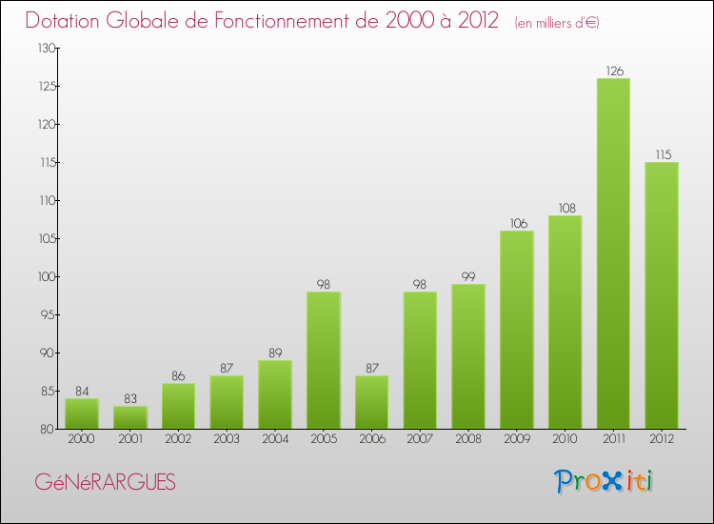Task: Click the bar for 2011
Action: coord(613,253)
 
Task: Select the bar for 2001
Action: coord(129,417)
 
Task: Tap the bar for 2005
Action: coord(324,360)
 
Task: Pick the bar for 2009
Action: coord(516,330)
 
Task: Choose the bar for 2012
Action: coord(662,295)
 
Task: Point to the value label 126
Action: coord(613,70)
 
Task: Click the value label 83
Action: coord(129,398)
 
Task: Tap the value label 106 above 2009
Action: coord(516,223)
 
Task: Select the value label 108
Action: coord(565,208)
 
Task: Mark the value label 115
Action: coord(662,154)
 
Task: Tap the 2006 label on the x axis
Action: coord(371,440)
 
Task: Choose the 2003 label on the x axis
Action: coord(227,440)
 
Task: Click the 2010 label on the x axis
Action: coord(565,440)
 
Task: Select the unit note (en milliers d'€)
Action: coord(557,22)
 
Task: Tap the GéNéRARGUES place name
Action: coord(105,482)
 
